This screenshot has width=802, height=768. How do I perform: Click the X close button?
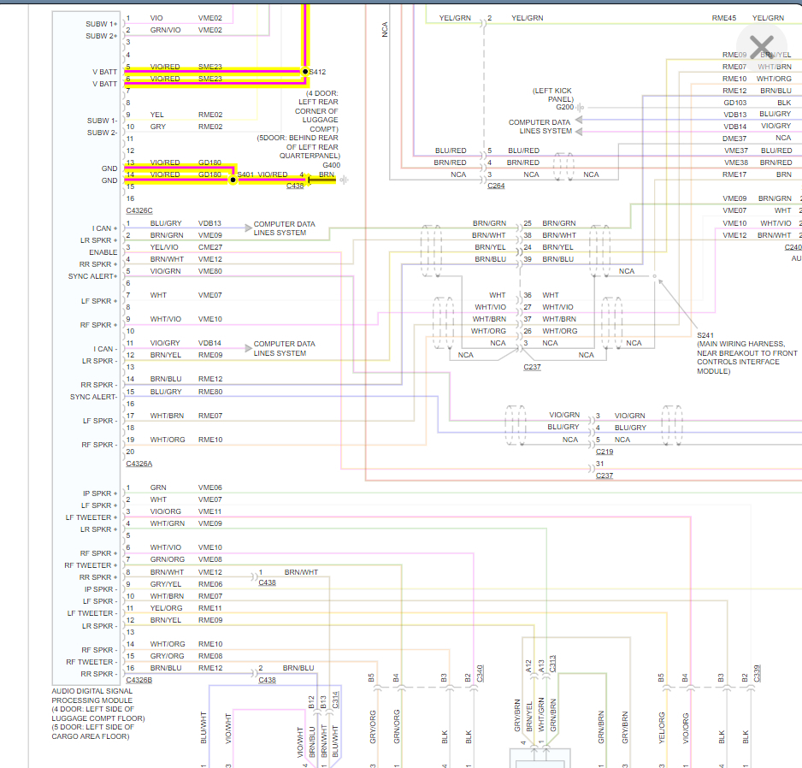click(760, 46)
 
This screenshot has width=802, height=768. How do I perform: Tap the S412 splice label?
click(317, 72)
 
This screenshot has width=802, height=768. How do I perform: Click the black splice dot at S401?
click(233, 180)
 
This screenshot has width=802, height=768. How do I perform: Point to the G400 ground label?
click(330, 165)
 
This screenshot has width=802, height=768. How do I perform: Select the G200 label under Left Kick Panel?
click(564, 107)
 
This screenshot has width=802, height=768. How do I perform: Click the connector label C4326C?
click(139, 210)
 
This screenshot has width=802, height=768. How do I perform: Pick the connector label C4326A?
click(139, 464)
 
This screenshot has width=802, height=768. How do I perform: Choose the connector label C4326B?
click(139, 680)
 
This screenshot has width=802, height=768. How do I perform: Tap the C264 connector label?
click(495, 186)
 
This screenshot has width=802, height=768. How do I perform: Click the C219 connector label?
click(604, 451)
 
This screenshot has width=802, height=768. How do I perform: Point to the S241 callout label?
click(705, 335)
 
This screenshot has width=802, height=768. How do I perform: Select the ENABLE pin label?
click(103, 252)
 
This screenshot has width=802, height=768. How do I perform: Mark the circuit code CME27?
click(210, 247)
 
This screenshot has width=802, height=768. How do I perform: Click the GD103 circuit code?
click(734, 103)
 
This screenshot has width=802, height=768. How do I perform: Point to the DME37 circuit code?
click(734, 139)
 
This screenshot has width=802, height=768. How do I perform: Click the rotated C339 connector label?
click(757, 673)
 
